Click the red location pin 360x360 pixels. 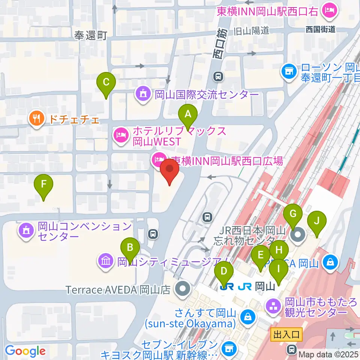(169, 171)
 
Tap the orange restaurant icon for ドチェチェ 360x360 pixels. (36, 120)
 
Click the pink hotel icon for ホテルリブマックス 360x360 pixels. (120, 136)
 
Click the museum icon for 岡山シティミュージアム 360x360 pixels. (105, 261)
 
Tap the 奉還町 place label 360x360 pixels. (91, 36)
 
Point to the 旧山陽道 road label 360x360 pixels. (251, 30)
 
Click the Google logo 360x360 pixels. (25, 351)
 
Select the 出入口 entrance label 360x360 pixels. (287, 334)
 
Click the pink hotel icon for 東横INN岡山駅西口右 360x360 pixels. (330, 10)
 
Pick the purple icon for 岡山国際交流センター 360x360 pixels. (143, 93)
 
